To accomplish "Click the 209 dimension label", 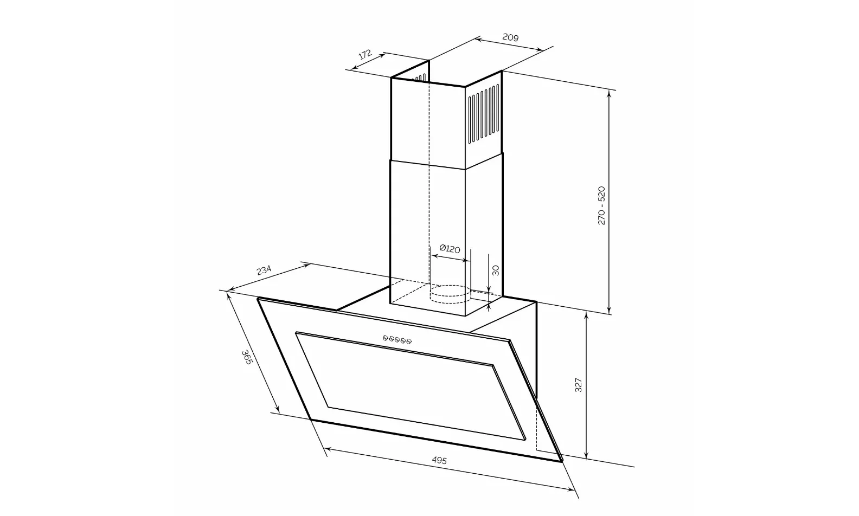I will tap(510, 37).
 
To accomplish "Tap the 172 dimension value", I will tap(365, 54).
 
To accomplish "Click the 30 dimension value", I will tap(495, 270).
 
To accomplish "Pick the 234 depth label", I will tap(264, 270).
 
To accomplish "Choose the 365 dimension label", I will tap(246, 357).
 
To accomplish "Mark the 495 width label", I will tap(439, 460).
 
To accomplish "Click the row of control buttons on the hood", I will tap(397, 340).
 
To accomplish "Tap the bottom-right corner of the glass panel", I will tap(561, 461).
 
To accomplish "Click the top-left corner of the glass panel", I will tap(259, 298).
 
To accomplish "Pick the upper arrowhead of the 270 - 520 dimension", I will tap(610, 93).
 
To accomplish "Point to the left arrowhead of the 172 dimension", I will tap(353, 68).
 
